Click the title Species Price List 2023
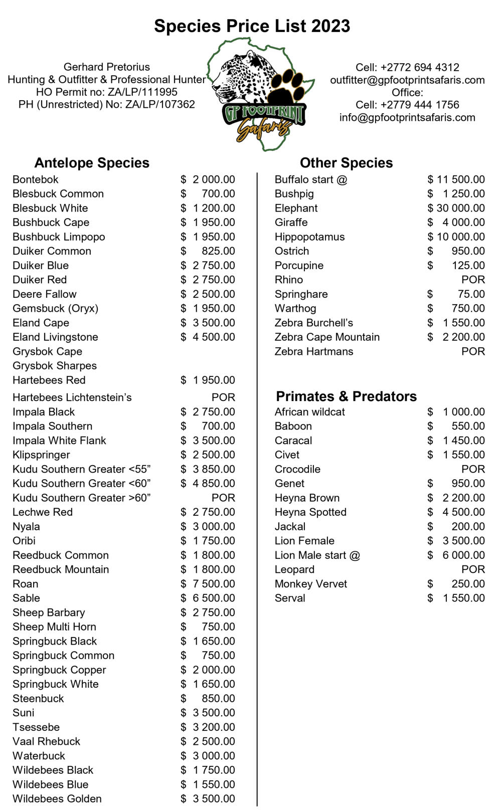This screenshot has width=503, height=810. pos(252,26)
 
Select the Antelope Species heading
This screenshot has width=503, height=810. pos(92,163)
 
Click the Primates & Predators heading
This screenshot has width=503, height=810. pos(346,396)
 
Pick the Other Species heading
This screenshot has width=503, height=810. pos(346,163)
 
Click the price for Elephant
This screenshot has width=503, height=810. pos(456,208)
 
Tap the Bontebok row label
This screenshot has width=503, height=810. pos(36,179)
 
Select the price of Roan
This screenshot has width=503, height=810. pos(208,584)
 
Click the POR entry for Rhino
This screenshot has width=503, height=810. pos(473,280)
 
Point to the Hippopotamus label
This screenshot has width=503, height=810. pos(309,237)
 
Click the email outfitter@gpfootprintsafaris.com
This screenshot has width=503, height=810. pos(407,80)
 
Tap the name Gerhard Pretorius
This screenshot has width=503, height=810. pos(107,67)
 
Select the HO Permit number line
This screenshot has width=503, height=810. pos(107,92)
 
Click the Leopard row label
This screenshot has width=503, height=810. pos(294,569)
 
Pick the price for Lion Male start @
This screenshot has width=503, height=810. pos(456,555)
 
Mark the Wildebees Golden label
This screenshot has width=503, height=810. pos(57,799)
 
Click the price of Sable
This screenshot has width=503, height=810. pos(208,598)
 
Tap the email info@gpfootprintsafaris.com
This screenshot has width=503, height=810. pos(407,117)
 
